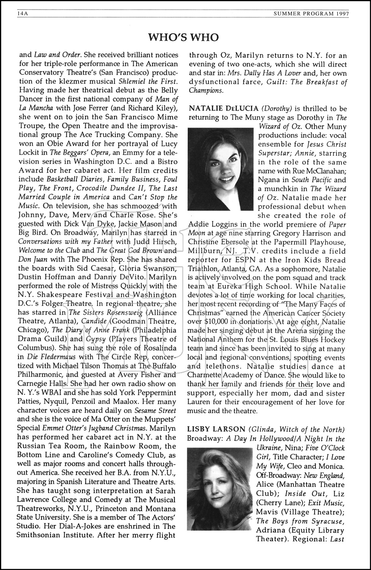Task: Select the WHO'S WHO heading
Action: tap(183, 37)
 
